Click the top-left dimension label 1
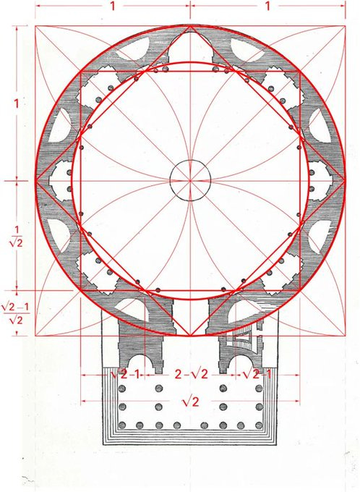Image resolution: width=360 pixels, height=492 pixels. (112, 6)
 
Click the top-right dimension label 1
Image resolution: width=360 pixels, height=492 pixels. (267, 6)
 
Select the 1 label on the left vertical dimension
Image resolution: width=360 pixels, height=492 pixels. (17, 103)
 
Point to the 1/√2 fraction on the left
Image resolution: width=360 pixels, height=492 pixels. (16, 237)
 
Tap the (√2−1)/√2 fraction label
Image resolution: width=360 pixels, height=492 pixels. (16, 313)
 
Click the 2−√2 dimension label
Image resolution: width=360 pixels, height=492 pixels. (191, 374)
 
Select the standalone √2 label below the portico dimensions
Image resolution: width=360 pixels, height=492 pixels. (190, 402)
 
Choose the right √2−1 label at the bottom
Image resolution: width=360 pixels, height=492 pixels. (257, 374)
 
